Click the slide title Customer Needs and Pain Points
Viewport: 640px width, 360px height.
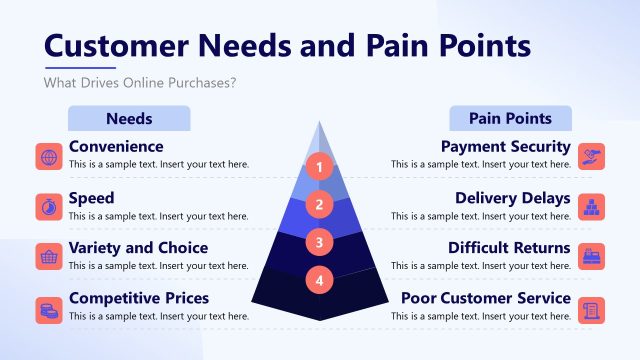pyautogui.click(x=288, y=46)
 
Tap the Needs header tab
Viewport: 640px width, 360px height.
pyautogui.click(x=128, y=118)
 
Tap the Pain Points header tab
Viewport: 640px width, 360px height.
pyautogui.click(x=510, y=118)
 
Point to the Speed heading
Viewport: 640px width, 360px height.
pyautogui.click(x=91, y=198)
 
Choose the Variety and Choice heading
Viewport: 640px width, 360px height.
pyautogui.click(x=138, y=248)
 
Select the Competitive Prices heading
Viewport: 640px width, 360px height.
pyautogui.click(x=139, y=298)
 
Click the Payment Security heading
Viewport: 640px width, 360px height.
pyautogui.click(x=506, y=147)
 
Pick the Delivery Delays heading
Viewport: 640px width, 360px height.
pyautogui.click(x=513, y=198)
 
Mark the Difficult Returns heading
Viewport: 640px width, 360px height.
pyautogui.click(x=509, y=248)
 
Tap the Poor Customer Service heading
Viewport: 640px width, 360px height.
pyautogui.click(x=486, y=298)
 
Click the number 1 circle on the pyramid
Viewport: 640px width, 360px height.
pyautogui.click(x=319, y=167)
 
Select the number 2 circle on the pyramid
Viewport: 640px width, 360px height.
pyautogui.click(x=319, y=205)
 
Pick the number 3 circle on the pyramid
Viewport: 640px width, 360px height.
pyautogui.click(x=319, y=242)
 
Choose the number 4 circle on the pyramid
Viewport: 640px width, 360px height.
pyautogui.click(x=319, y=280)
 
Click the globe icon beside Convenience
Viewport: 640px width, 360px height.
pyautogui.click(x=48, y=156)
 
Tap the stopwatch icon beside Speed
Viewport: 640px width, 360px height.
pyautogui.click(x=48, y=206)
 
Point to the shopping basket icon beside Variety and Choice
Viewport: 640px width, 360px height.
pyautogui.click(x=48, y=257)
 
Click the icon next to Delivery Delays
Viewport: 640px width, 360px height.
pyautogui.click(x=592, y=206)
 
